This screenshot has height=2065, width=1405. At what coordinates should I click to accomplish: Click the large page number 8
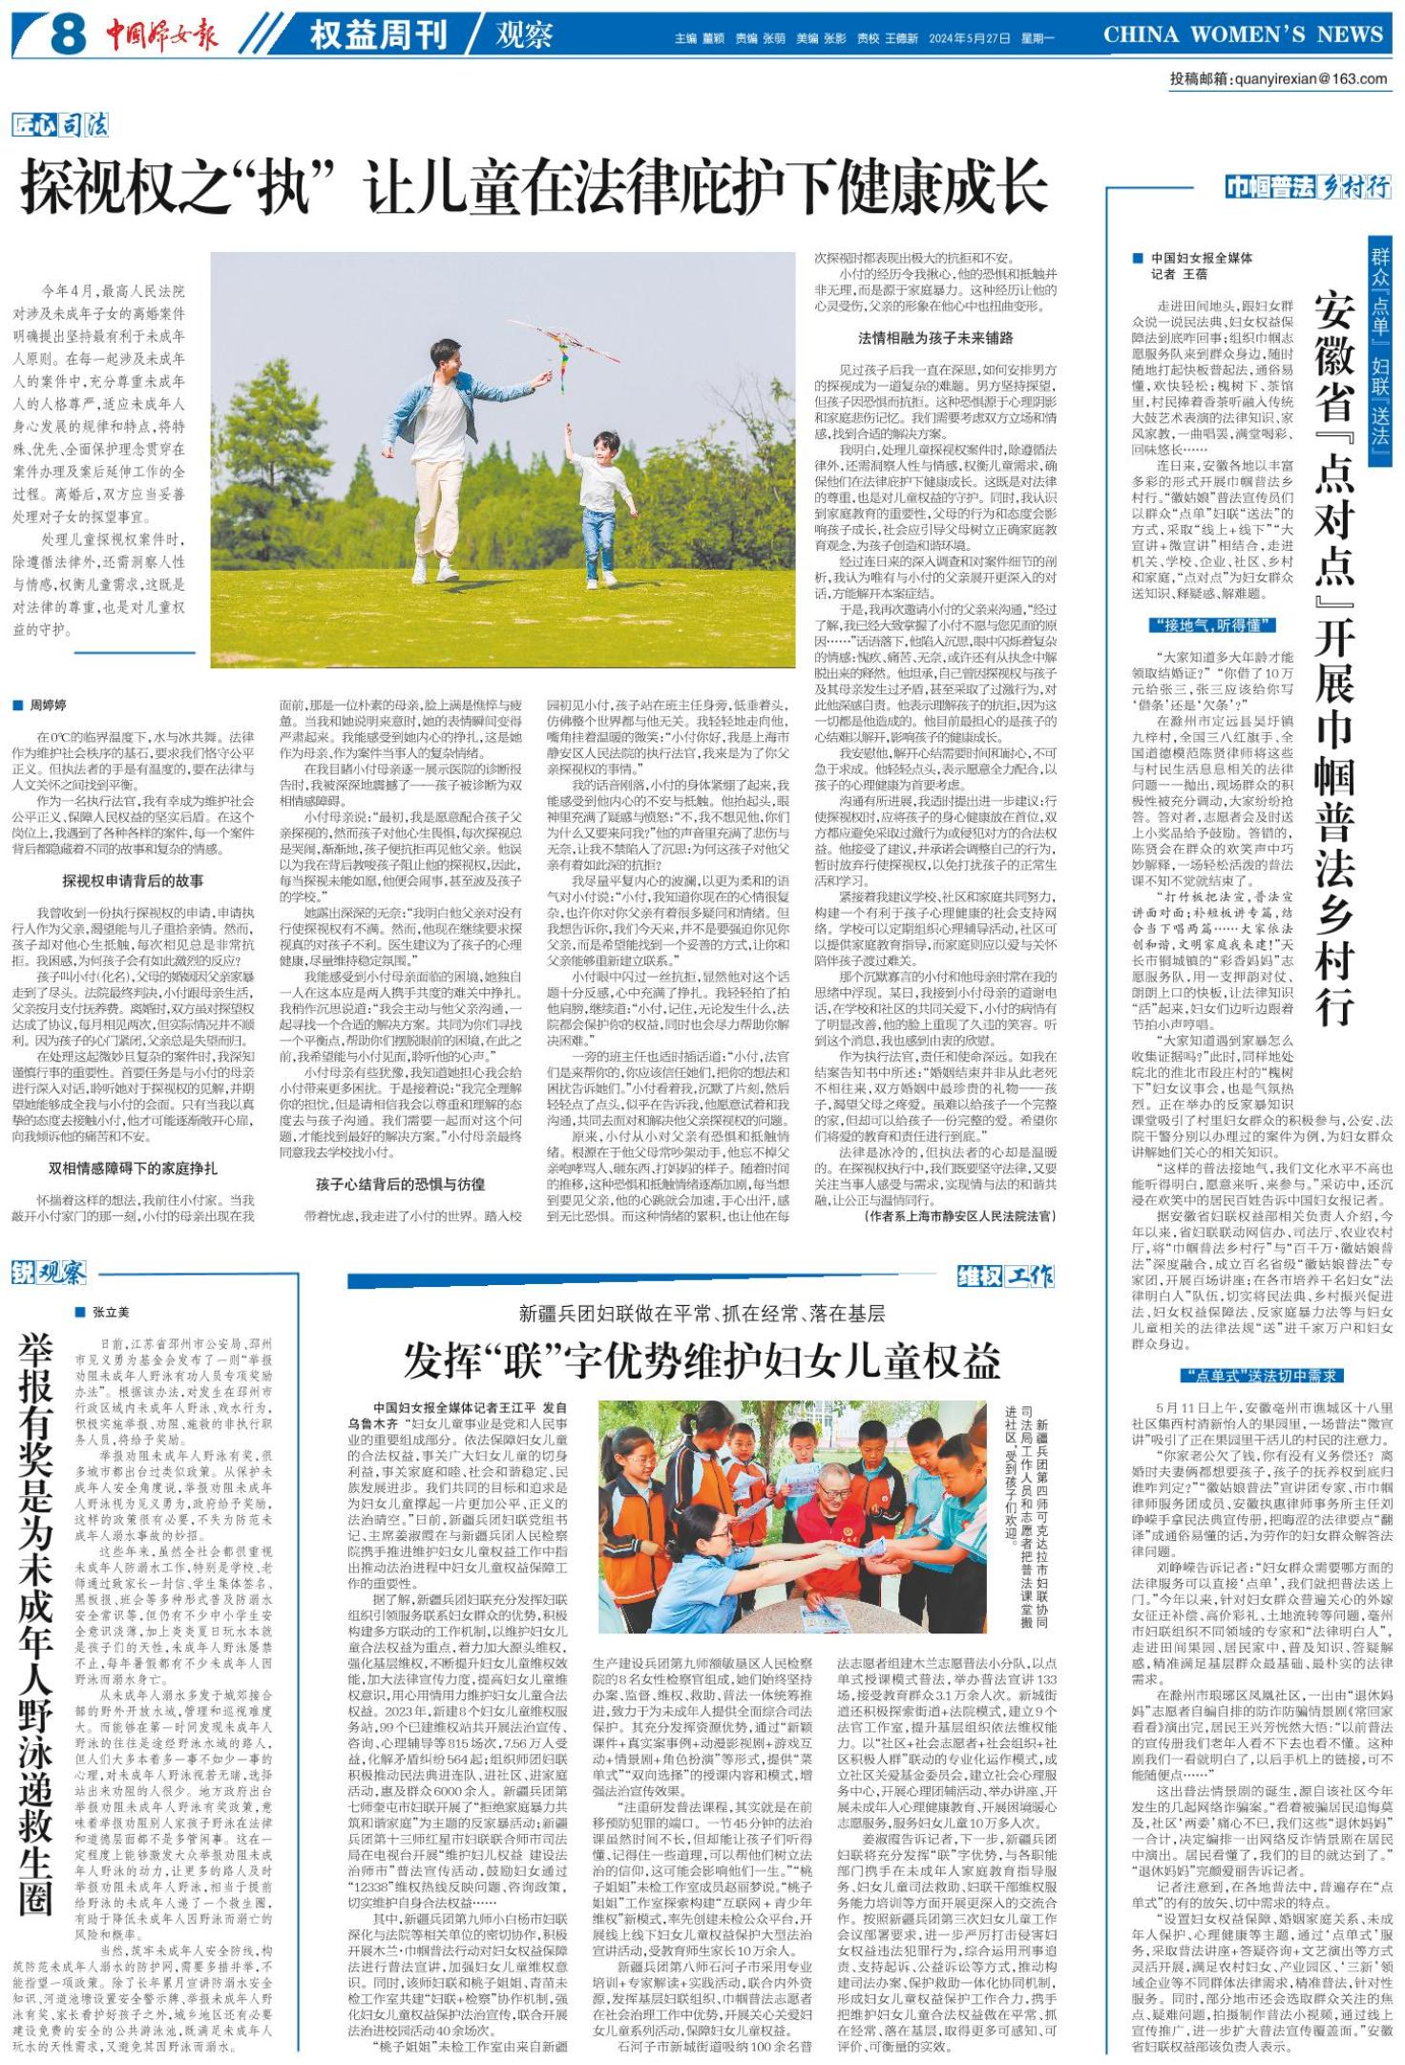tap(68, 36)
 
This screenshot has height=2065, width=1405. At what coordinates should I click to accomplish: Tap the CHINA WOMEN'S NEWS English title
tap(1243, 35)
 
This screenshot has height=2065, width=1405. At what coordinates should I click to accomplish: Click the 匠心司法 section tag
tap(60, 125)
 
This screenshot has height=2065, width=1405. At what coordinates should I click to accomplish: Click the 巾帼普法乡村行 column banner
tap(1307, 188)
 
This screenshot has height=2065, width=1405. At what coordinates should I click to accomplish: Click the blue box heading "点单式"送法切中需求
tap(1260, 1375)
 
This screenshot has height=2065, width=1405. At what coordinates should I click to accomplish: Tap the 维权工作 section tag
tap(1006, 1275)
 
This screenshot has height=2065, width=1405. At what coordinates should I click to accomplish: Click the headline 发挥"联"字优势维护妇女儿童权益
tap(702, 1359)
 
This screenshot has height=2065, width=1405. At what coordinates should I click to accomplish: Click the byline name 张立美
tap(110, 1312)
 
